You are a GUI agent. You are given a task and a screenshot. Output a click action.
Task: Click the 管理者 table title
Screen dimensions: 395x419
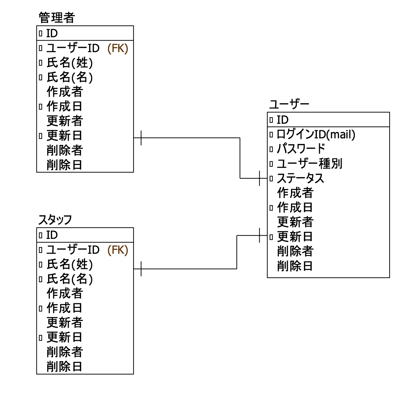tap(56, 18)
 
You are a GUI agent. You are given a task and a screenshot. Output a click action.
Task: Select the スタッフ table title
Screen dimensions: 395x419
tap(55, 220)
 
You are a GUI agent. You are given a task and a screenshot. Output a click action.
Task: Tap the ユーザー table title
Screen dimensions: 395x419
tap(289, 104)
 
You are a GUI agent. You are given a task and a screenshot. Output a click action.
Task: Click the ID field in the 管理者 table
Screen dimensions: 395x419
tap(52, 34)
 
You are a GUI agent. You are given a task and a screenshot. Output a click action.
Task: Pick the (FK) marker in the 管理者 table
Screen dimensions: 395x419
tap(118, 48)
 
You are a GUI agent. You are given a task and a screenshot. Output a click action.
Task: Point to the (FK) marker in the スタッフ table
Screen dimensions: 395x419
tap(118, 250)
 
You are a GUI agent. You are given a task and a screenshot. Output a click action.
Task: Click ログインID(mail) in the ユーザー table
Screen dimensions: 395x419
tap(316, 134)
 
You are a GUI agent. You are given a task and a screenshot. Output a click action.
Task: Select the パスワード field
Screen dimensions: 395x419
tap(301, 149)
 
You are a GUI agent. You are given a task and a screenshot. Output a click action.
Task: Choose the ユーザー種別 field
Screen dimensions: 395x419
tap(309, 164)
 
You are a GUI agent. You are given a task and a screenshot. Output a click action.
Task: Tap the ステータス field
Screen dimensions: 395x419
tap(300, 178)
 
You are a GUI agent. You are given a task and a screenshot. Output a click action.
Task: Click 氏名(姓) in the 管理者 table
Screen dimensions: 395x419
tap(70, 63)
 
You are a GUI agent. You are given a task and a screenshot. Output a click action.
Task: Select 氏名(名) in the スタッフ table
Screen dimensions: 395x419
tap(70, 279)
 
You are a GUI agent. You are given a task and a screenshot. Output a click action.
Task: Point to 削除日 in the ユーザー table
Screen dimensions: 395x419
tap(295, 266)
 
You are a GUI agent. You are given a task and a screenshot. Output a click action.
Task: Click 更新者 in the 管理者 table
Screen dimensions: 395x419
tap(65, 121)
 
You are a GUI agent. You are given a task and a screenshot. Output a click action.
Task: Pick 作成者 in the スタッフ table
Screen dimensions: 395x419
tap(65, 293)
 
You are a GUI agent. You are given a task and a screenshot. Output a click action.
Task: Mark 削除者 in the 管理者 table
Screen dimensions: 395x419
tap(65, 150)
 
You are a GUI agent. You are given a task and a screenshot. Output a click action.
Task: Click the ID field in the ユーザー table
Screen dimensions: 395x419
tap(282, 120)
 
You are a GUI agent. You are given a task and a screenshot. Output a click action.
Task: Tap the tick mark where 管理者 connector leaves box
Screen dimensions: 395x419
tap(141, 138)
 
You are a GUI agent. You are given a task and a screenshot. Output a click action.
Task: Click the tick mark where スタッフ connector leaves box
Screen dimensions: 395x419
tap(141, 269)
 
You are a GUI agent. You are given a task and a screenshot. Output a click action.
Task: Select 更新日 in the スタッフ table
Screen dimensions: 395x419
tap(64, 337)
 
